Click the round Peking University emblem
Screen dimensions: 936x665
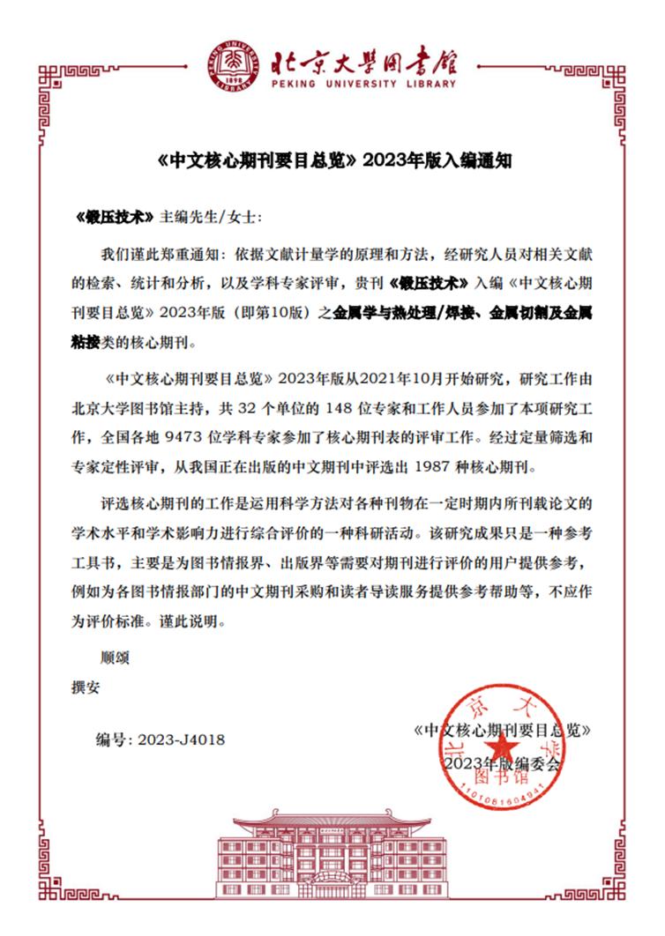(235, 66)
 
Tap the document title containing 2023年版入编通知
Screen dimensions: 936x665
(332, 162)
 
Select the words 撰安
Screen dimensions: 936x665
(86, 685)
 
